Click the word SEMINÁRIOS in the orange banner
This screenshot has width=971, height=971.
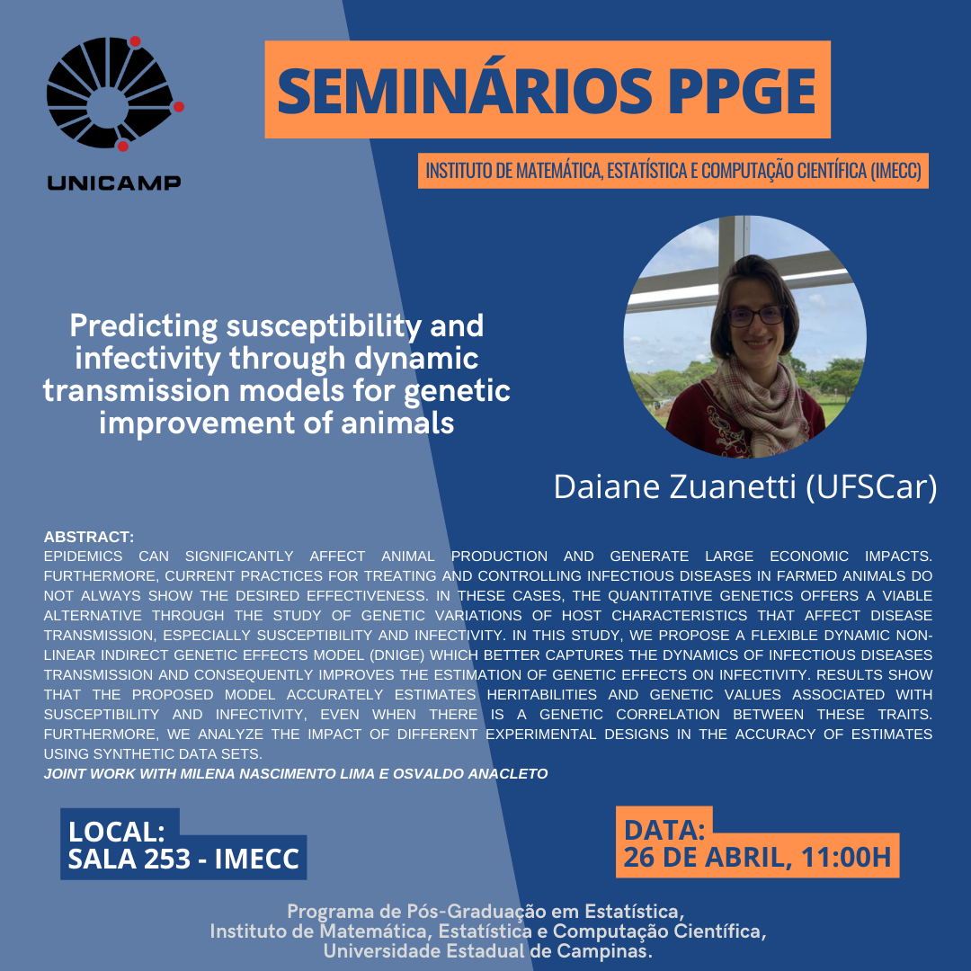click(465, 90)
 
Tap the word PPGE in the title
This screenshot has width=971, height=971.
click(741, 91)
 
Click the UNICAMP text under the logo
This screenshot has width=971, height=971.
click(114, 183)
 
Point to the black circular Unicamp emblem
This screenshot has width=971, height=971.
click(111, 93)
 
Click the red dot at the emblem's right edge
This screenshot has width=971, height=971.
click(178, 107)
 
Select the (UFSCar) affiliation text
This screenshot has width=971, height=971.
click(871, 487)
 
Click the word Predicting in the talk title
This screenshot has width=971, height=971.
click(144, 327)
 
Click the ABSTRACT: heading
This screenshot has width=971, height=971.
click(89, 537)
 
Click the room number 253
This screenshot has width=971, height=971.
click(168, 859)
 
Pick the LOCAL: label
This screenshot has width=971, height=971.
click(117, 832)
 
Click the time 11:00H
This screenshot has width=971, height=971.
click(846, 858)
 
